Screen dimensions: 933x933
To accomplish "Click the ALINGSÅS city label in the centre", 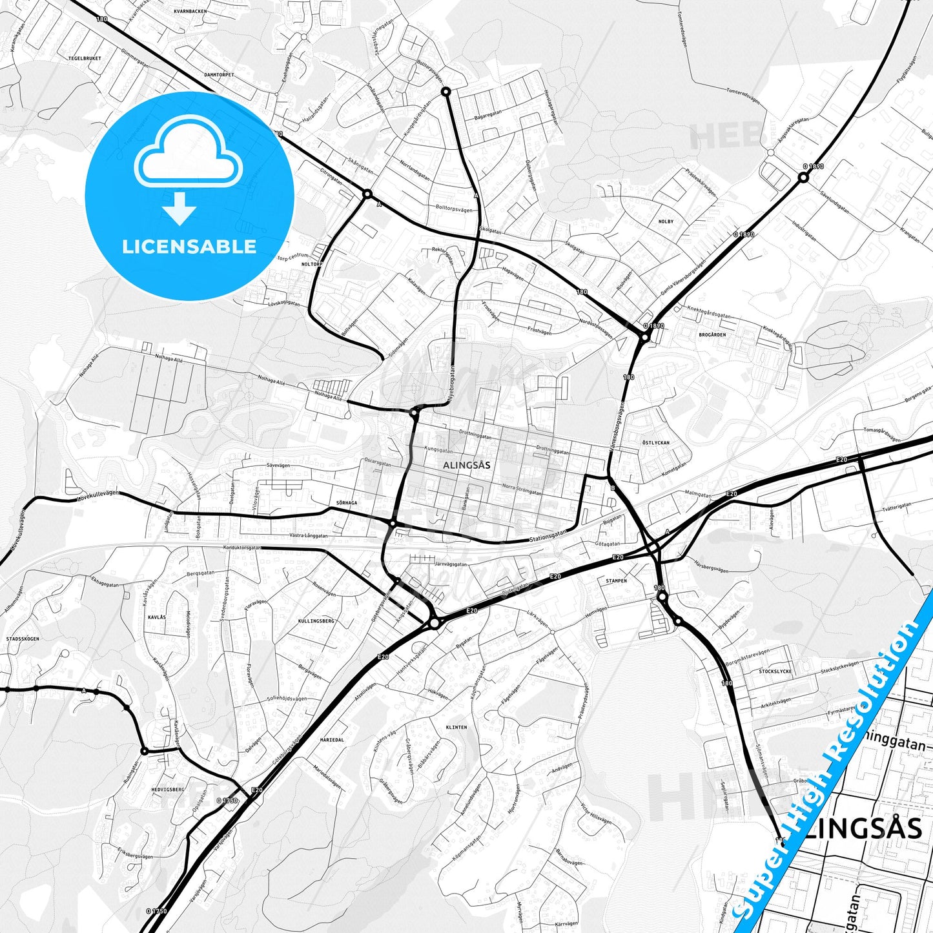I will tap(466, 465).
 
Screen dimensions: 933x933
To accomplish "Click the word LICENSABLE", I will tap(189, 247).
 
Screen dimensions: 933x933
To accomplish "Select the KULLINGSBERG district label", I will tap(316, 620).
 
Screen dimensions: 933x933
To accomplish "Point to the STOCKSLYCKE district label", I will tap(775, 672).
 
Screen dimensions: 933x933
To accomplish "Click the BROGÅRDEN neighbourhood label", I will tap(712, 334).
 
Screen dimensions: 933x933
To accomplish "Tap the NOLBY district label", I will tap(666, 221).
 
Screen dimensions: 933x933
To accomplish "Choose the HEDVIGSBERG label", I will tap(168, 789).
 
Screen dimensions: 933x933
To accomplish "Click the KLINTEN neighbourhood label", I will tap(456, 727).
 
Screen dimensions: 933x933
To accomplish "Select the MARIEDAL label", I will tap(332, 740).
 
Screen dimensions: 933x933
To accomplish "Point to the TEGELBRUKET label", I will tap(85, 58).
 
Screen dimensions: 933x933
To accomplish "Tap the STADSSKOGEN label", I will tap(23, 639).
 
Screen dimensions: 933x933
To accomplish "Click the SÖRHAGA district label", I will tap(346, 502).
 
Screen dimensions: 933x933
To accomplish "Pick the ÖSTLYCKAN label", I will tap(656, 443).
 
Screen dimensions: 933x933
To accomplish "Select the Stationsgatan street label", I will tap(548, 535).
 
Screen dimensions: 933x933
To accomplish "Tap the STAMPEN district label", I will tap(616, 580).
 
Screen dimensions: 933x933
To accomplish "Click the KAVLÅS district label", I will tap(157, 617).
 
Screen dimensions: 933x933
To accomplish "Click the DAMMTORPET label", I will tap(219, 75).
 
